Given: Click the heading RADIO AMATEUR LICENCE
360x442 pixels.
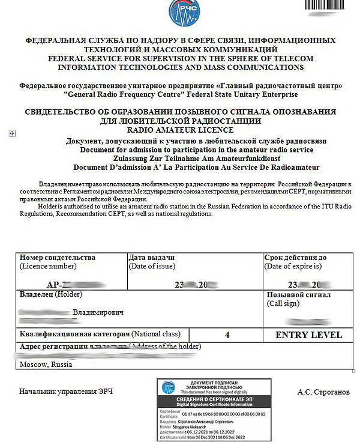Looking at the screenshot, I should [180, 129].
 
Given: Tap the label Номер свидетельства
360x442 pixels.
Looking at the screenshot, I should [57, 258].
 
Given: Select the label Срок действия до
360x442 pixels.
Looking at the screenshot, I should [295, 258].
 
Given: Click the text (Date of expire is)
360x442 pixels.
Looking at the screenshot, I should [293, 266].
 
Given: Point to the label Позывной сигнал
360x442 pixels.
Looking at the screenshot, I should [298, 295].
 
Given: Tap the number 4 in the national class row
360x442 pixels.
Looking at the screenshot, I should [227, 335].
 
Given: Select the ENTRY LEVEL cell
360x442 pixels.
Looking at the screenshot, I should [308, 335].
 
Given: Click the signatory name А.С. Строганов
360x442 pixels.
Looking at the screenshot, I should [323, 392].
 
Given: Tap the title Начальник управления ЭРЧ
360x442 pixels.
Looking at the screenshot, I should [66, 392].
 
